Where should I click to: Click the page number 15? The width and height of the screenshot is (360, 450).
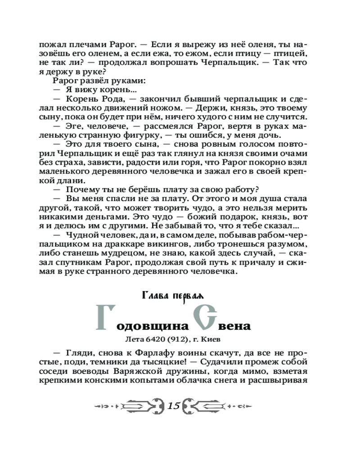174,406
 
